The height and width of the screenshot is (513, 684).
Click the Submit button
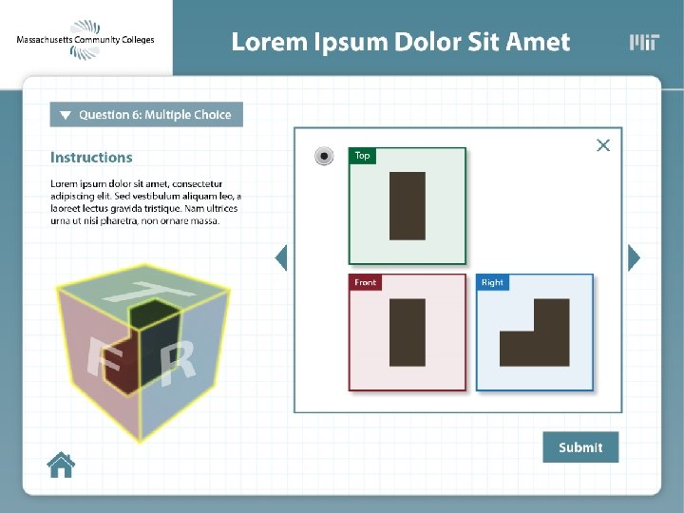pyautogui.click(x=580, y=447)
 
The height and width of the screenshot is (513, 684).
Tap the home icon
pyautogui.click(x=61, y=465)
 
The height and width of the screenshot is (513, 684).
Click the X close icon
pyautogui.click(x=602, y=145)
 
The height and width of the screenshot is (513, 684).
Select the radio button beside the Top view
pyautogui.click(x=325, y=156)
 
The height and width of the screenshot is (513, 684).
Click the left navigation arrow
pyautogui.click(x=280, y=257)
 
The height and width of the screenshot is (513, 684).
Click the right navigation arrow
pyautogui.click(x=635, y=257)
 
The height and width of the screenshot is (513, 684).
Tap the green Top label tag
pyautogui.click(x=362, y=156)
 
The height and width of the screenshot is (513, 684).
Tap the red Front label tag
pyautogui.click(x=366, y=282)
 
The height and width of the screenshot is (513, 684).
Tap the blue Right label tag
pyautogui.click(x=492, y=282)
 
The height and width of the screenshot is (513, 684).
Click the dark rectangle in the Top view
pyautogui.click(x=408, y=205)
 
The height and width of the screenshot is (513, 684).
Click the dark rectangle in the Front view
pyautogui.click(x=408, y=332)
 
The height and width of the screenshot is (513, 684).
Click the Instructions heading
pyautogui.click(x=91, y=158)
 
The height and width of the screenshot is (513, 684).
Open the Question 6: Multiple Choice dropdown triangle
pyautogui.click(x=66, y=115)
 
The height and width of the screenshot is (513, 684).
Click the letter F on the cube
pyautogui.click(x=92, y=357)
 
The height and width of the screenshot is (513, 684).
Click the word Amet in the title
pyautogui.click(x=538, y=43)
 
